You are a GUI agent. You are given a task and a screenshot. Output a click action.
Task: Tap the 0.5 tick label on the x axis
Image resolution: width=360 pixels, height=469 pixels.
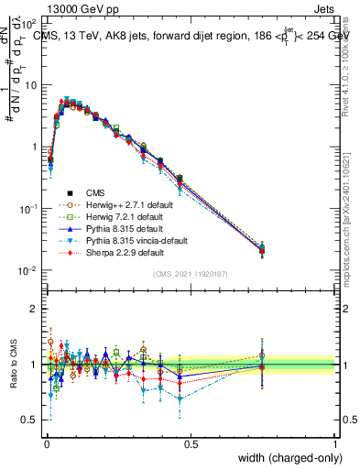(191, 442)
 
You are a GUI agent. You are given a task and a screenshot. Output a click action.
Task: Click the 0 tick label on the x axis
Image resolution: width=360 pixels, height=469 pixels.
(46, 442)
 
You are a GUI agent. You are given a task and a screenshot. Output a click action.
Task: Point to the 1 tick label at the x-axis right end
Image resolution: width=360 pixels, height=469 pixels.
(335, 442)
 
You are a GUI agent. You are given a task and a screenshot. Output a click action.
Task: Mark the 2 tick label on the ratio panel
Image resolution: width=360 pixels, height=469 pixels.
(34, 308)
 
